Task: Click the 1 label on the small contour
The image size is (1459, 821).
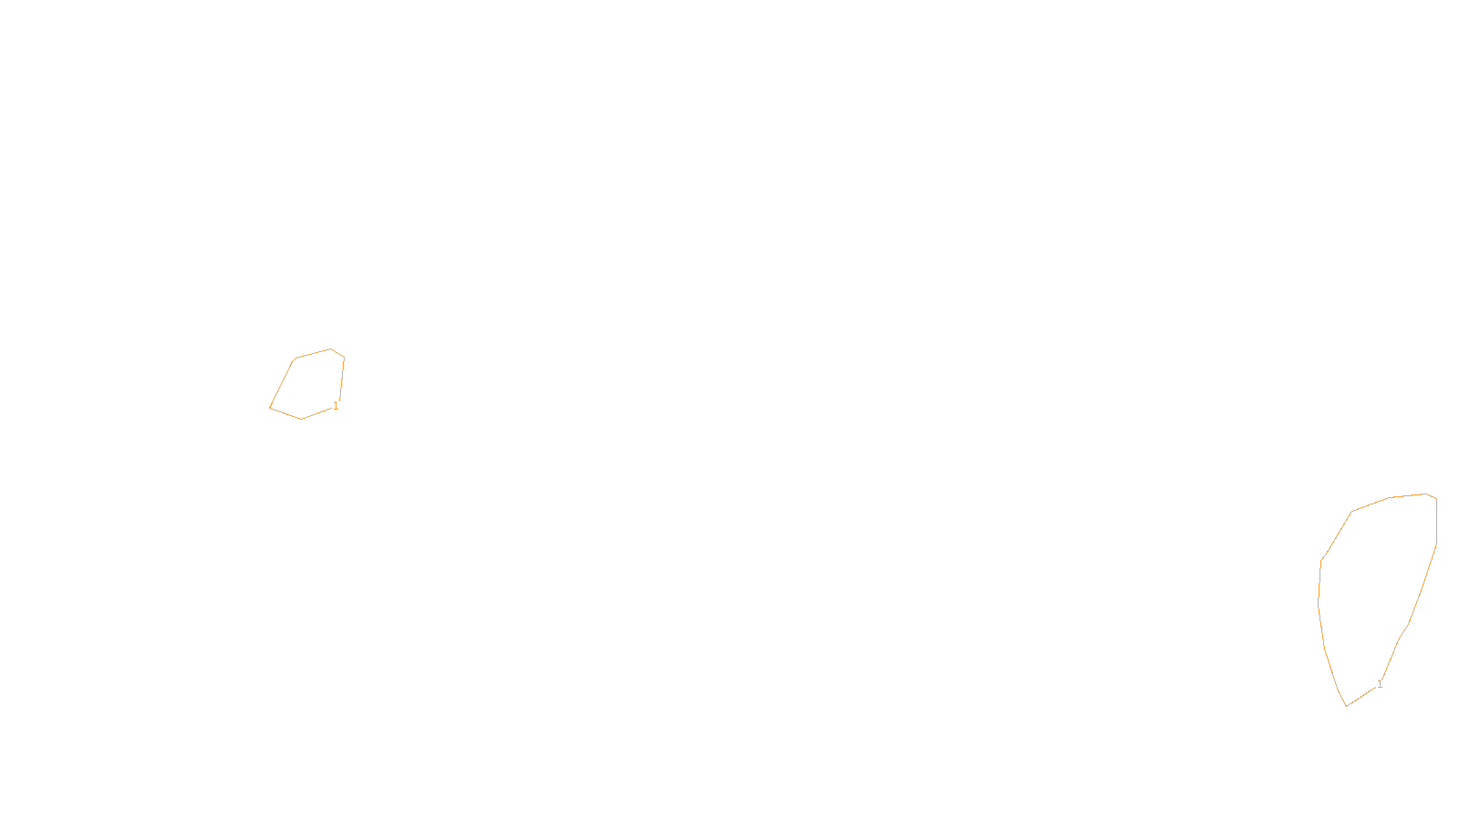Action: click(336, 406)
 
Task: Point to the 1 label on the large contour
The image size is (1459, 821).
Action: click(1380, 684)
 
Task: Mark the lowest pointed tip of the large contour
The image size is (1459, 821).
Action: click(1347, 706)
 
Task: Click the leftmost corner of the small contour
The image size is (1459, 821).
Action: click(270, 407)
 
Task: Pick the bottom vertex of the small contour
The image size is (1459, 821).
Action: click(302, 419)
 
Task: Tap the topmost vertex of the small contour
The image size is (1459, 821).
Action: click(331, 348)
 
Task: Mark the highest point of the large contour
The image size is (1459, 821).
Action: click(1426, 494)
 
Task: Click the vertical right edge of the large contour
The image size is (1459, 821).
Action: click(1436, 521)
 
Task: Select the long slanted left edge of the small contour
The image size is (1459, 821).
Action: click(282, 383)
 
